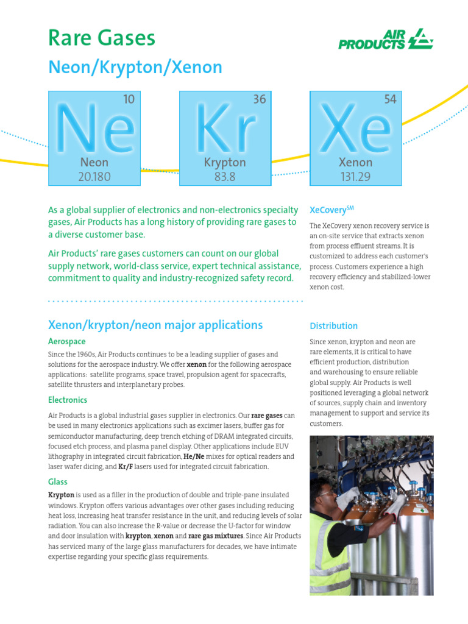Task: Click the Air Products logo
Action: [386, 38]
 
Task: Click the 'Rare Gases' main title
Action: [102, 38]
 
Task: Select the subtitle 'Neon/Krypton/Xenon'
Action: [135, 68]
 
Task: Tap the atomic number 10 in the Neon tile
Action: [129, 99]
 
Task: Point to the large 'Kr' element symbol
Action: [225, 129]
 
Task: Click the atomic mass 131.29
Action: [355, 177]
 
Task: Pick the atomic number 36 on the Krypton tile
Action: [260, 99]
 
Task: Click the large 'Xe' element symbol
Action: [356, 129]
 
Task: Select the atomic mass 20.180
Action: [94, 177]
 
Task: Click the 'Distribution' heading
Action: [333, 326]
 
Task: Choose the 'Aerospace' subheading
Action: [67, 341]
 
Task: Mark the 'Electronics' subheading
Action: [68, 400]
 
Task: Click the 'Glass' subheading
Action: [58, 481]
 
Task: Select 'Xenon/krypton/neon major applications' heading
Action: [155, 325]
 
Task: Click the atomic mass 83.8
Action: [225, 177]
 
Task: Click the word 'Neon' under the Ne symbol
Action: [94, 163]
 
